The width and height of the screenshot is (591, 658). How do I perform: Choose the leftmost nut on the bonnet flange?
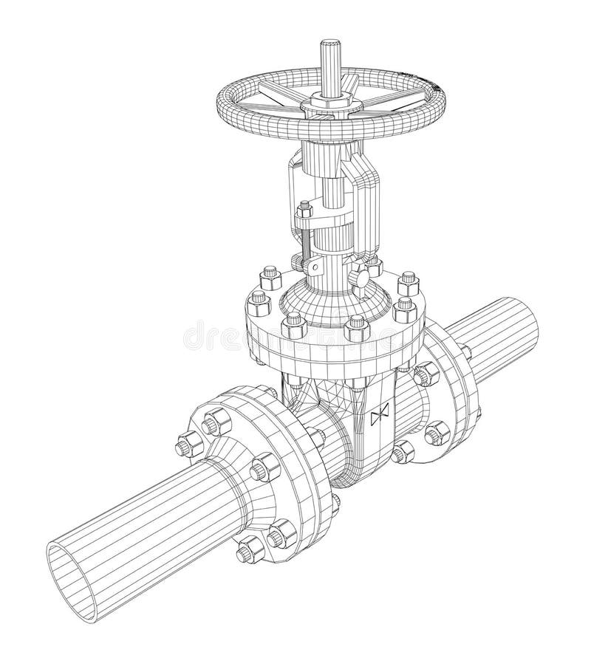point(258,299)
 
